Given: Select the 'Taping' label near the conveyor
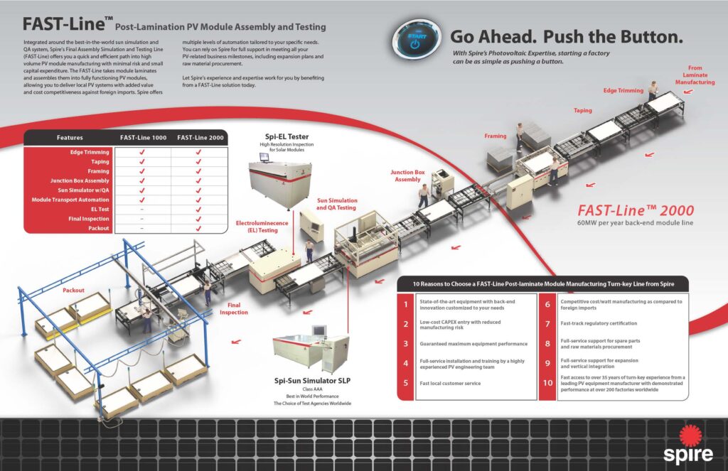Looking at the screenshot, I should pyautogui.click(x=583, y=111).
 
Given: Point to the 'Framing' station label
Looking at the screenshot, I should pyautogui.click(x=496, y=135).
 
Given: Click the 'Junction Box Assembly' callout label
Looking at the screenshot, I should pyautogui.click(x=407, y=175).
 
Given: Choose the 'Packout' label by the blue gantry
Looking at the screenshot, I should pyautogui.click(x=73, y=291).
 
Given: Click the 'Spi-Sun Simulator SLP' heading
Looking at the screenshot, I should pyautogui.click(x=313, y=381).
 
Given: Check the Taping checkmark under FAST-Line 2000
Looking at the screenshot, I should pyautogui.click(x=198, y=162).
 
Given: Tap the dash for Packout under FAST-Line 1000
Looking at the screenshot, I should pyautogui.click(x=142, y=229).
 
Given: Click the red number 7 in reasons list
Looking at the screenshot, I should pyautogui.click(x=547, y=324).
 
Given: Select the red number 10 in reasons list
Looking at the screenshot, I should pyautogui.click(x=547, y=383).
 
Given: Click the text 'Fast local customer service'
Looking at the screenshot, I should pyautogui.click(x=451, y=384).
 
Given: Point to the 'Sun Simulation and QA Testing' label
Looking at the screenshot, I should pyautogui.click(x=337, y=205).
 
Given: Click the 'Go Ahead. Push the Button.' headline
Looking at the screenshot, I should pyautogui.click(x=566, y=36).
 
